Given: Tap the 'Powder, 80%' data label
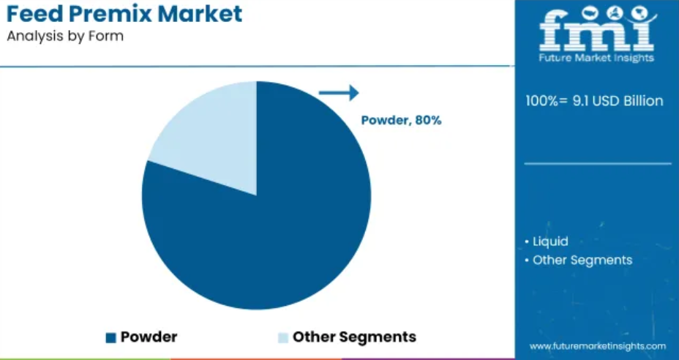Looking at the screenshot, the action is [402, 121].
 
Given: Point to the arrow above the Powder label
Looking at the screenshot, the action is [339, 93].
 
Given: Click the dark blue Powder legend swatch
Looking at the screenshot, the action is [111, 337].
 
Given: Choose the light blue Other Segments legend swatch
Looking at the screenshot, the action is [282, 337].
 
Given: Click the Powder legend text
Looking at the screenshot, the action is [149, 337].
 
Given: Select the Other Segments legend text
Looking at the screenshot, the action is [354, 337].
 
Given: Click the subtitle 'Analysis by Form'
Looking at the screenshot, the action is [65, 37].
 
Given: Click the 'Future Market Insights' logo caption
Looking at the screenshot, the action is [596, 58].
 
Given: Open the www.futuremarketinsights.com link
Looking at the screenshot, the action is [598, 346].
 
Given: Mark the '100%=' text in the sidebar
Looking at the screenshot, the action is [548, 101].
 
